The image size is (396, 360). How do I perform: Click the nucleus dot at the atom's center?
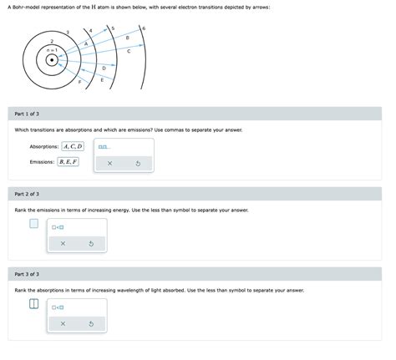[x=52, y=60]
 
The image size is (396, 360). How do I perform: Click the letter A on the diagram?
[x=86, y=43]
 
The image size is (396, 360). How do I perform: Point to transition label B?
[x=127, y=38]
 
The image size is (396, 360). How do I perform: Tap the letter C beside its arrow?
[x=129, y=51]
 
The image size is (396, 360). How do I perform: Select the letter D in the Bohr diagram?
[x=104, y=68]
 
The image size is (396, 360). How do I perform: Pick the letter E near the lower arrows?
[x=102, y=80]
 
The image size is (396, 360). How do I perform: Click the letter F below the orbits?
[x=80, y=83]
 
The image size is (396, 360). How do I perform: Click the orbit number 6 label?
[x=145, y=29]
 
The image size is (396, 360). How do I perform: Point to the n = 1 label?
[x=52, y=50]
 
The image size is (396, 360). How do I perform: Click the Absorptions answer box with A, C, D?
[x=74, y=146]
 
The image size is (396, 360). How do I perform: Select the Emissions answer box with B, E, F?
[x=69, y=162]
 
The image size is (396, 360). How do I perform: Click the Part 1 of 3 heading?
[x=28, y=114]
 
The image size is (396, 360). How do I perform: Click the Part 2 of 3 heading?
[x=28, y=194]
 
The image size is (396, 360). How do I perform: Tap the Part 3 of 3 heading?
[x=28, y=274]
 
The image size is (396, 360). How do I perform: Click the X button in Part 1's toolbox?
[x=109, y=163]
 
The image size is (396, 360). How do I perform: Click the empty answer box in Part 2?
[x=33, y=224]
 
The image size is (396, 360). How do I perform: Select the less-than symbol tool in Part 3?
[x=58, y=307]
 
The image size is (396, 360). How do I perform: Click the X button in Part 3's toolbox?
[x=63, y=323]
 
